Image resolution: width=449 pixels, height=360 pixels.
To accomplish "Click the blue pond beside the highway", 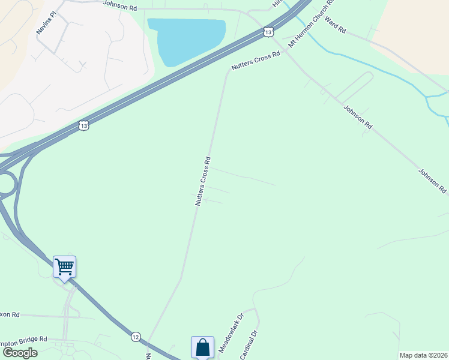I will coord(186,39).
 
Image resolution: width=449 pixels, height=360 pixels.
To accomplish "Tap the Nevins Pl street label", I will coord(46,22).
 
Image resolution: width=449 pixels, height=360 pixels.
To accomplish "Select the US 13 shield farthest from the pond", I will coord(83,125).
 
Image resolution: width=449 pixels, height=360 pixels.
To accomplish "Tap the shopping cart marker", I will coord(64,266).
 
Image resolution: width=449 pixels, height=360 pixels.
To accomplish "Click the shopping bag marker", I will coord(203,347).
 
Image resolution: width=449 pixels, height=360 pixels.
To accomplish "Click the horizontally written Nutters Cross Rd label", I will coord(256,62).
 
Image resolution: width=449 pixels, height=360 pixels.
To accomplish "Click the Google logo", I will coord(20,353).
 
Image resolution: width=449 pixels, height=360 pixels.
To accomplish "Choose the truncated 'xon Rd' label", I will coord(10,314).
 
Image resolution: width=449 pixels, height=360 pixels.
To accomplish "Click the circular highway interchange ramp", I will coord(5,185).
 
